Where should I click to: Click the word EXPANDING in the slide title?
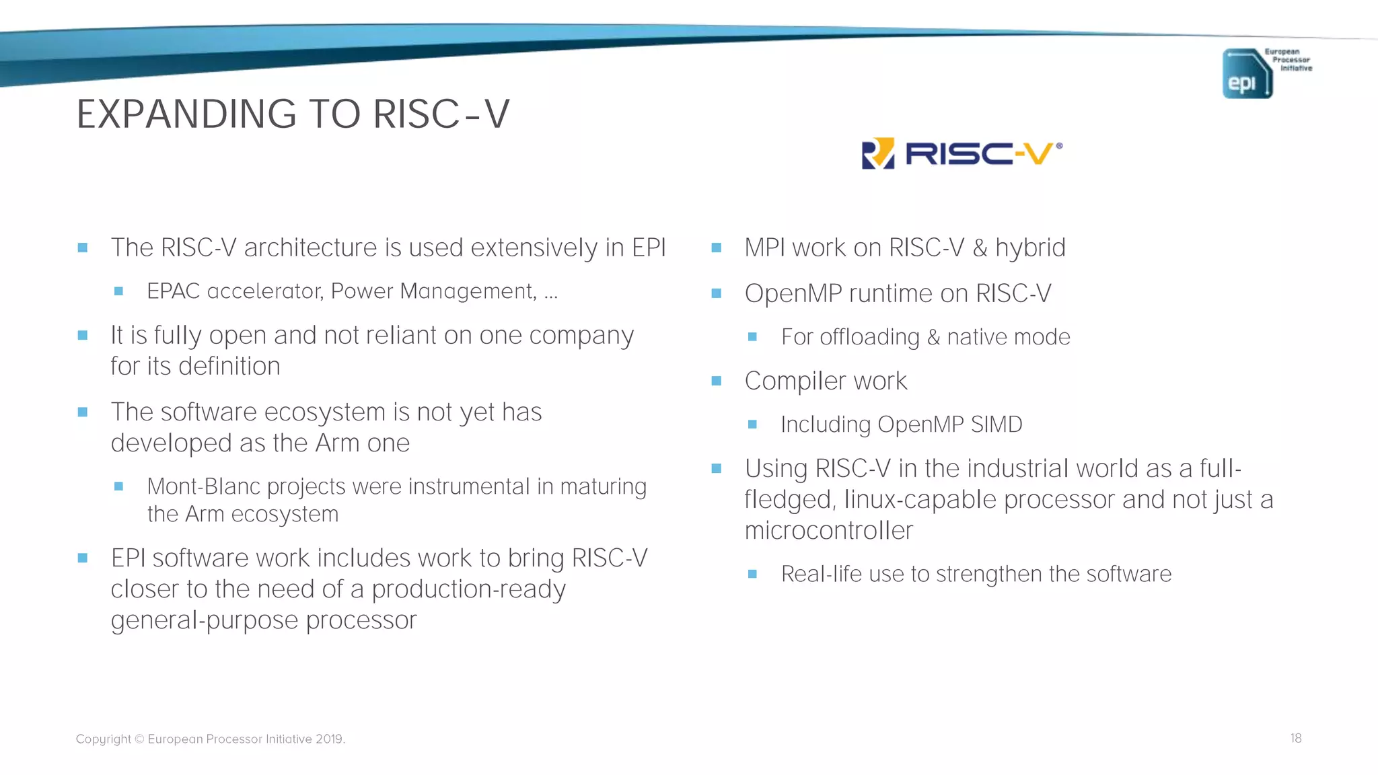click(186, 114)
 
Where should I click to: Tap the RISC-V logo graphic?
click(962, 154)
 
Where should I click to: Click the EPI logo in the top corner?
click(1247, 73)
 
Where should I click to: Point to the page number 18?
click(1295, 738)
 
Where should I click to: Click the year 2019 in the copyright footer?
click(329, 739)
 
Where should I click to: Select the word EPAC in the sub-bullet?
click(174, 291)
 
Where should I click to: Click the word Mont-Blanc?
click(204, 486)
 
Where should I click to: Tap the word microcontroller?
click(828, 531)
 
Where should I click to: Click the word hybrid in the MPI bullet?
click(1030, 248)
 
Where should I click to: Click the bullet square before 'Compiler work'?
click(716, 381)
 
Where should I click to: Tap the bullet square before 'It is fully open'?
click(83, 335)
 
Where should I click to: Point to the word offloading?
click(869, 337)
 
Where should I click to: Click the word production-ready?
click(468, 589)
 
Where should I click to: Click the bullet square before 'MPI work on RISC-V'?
click(716, 248)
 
